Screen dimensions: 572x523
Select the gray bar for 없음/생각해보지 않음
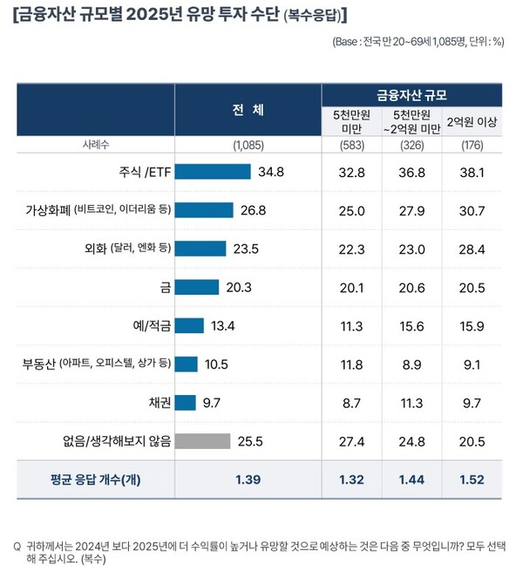(203, 440)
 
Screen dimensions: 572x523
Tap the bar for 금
(197, 287)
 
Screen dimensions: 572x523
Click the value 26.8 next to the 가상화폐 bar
(254, 210)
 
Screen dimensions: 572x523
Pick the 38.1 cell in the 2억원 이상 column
(472, 172)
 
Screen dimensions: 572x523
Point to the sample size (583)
(353, 146)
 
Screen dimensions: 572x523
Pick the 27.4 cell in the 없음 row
(353, 440)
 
